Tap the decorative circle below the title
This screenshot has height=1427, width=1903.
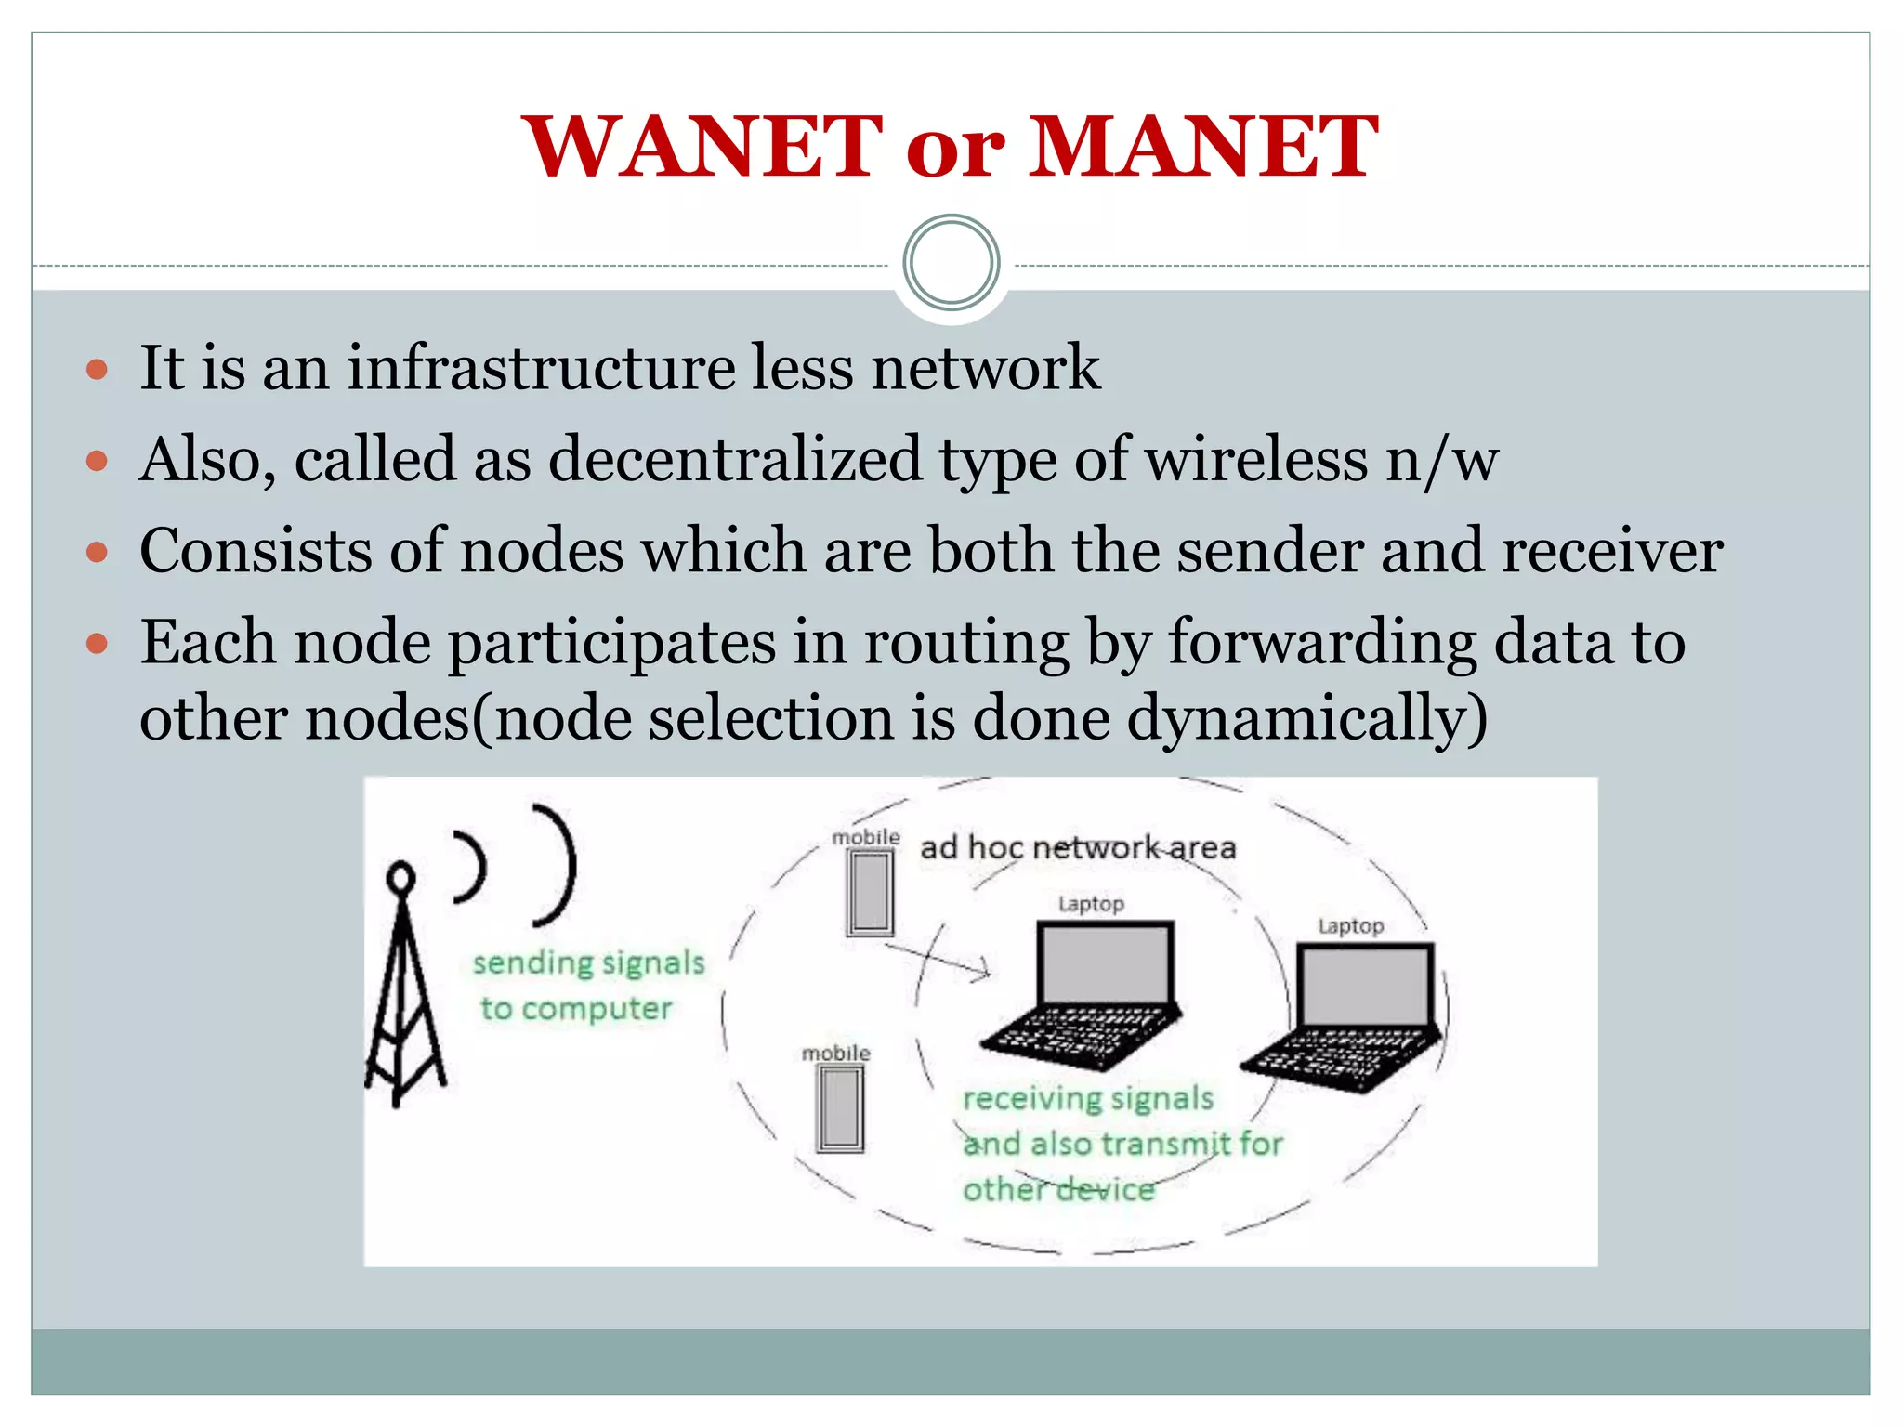(951, 263)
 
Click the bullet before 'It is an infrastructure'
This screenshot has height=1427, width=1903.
(97, 370)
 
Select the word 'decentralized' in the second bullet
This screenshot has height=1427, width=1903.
(734, 459)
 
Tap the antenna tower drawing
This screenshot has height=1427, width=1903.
(403, 994)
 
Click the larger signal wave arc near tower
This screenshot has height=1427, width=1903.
(558, 864)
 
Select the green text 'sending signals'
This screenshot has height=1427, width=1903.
(588, 962)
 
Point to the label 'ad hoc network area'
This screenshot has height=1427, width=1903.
(1078, 847)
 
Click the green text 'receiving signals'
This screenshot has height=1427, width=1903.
(1087, 1098)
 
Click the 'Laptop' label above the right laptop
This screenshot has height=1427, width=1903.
(1350, 926)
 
